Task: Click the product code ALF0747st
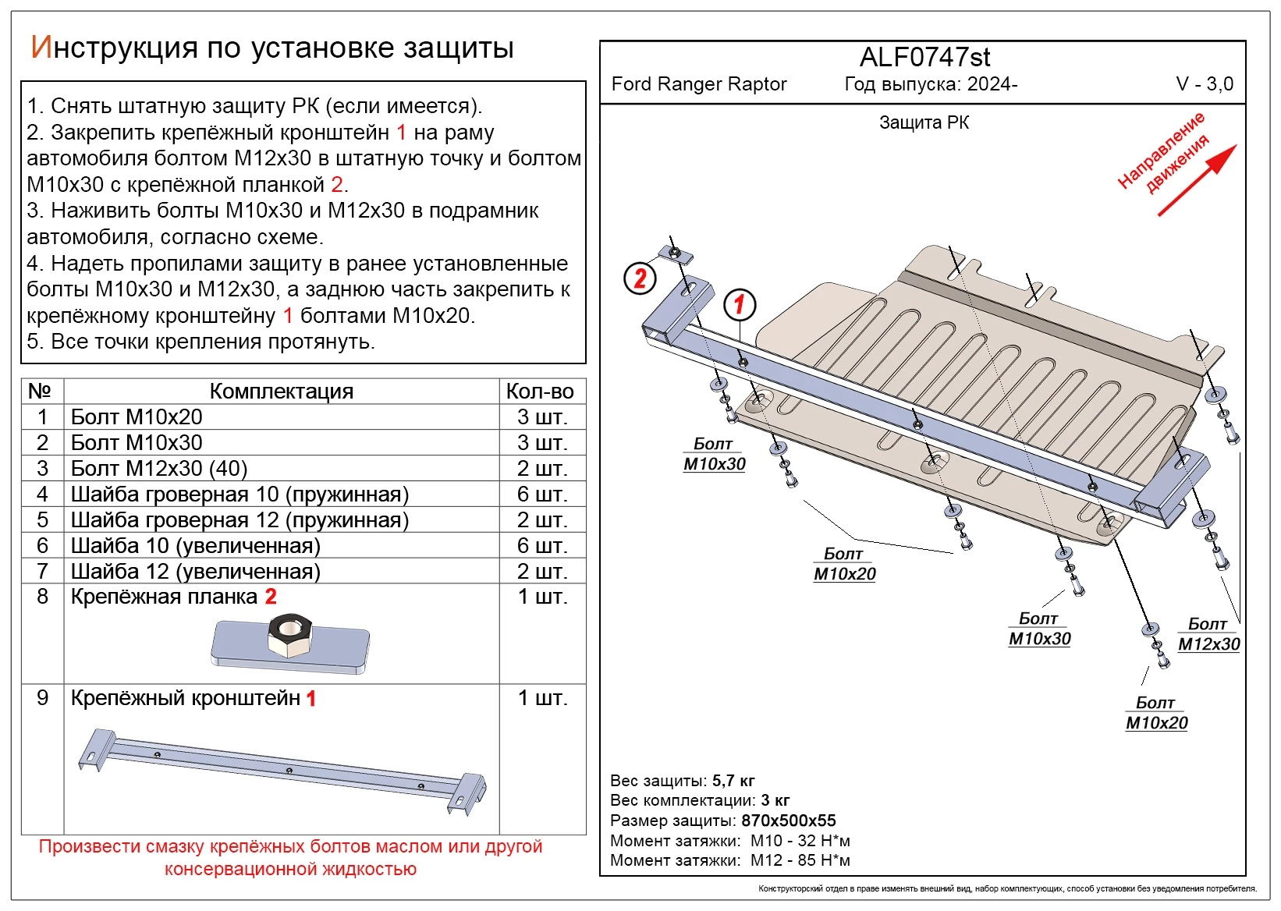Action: coord(924,58)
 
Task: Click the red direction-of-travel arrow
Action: coord(1197,180)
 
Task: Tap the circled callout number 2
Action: coord(640,278)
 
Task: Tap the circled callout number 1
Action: coord(740,304)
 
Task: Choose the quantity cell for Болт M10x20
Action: coord(541,417)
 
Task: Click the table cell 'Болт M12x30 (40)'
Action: coord(159,469)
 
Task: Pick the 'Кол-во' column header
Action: coord(540,392)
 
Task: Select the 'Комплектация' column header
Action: coord(281,392)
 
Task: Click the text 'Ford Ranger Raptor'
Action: coord(699,84)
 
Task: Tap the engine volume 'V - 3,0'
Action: coord(1204,84)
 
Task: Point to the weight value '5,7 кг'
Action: coord(733,781)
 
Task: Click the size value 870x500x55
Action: coord(788,821)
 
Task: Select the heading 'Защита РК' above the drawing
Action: coord(924,122)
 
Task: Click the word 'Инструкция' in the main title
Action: coord(114,48)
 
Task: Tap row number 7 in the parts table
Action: coord(42,572)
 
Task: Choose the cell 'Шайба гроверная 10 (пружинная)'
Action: coord(240,494)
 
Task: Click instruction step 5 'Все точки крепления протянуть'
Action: coord(201,342)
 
